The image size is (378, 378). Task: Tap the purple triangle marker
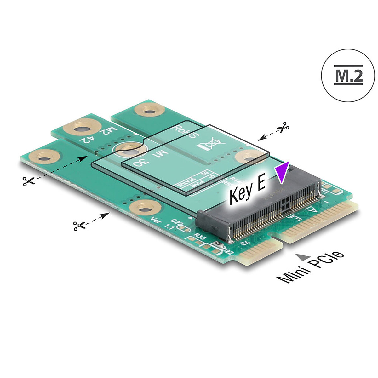click(282, 172)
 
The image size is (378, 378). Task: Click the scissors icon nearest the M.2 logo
click(283, 128)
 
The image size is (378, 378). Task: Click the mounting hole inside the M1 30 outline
click(128, 149)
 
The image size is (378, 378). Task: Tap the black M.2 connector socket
click(258, 211)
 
